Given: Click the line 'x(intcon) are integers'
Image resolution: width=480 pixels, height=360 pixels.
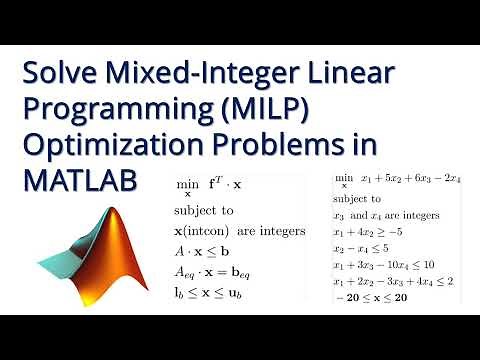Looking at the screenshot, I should coord(238,232).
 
